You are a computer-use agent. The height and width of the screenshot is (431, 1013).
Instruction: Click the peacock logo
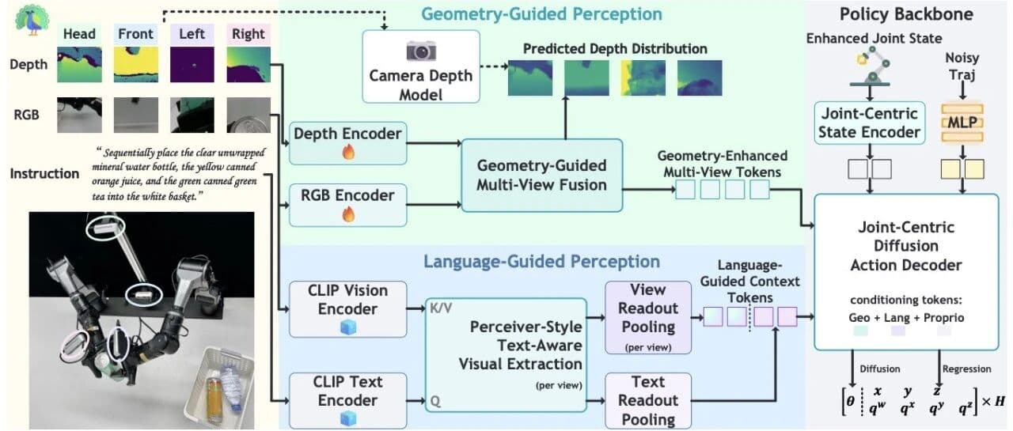click(x=32, y=19)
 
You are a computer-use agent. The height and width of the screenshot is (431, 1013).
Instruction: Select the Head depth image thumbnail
click(x=79, y=65)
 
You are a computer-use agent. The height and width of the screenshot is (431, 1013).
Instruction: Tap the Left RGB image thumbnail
click(x=192, y=115)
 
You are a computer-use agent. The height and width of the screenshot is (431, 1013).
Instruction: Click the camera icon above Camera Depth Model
click(x=420, y=51)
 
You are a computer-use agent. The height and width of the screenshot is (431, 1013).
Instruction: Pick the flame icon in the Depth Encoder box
click(x=347, y=153)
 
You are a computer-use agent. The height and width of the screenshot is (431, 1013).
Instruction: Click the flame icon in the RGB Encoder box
click(x=347, y=214)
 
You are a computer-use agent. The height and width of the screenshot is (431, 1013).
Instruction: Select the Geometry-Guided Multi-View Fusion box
click(x=542, y=176)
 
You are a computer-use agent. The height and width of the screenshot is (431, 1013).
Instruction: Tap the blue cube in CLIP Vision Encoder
click(x=347, y=327)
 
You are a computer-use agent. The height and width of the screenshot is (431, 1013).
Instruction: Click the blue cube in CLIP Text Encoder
click(x=347, y=418)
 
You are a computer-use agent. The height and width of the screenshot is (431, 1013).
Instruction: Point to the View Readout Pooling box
click(x=648, y=318)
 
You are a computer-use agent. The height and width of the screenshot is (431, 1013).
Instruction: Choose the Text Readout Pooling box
click(x=648, y=401)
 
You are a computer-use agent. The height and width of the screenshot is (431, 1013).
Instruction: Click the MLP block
click(x=962, y=123)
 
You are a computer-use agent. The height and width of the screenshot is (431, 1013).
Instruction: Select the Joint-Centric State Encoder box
click(x=869, y=123)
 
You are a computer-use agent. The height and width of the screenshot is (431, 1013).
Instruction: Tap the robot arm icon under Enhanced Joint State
click(x=871, y=67)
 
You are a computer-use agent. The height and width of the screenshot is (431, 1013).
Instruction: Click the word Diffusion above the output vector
click(x=879, y=369)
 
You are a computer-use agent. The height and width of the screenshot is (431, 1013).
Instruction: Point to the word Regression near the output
click(x=966, y=369)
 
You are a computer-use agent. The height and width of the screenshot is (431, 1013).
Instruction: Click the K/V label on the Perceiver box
click(x=441, y=308)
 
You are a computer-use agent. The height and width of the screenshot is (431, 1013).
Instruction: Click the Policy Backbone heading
click(x=906, y=14)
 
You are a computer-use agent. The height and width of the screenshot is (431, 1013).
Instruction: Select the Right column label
click(x=248, y=34)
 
